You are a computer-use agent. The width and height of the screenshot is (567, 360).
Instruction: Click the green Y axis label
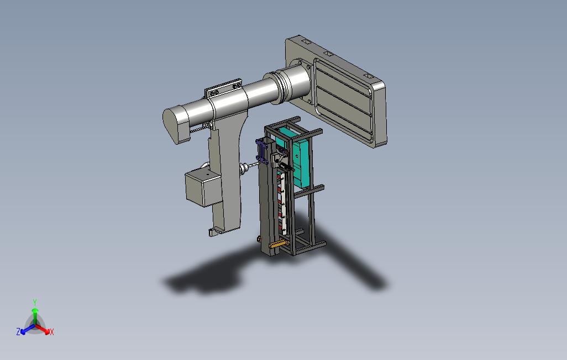point(35,302)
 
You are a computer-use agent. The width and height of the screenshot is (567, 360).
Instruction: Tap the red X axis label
point(52,332)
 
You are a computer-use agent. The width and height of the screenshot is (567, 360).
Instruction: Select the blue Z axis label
point(18,331)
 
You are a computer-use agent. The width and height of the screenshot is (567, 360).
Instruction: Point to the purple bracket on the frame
point(261,152)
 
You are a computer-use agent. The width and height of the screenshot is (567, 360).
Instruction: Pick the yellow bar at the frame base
point(278,245)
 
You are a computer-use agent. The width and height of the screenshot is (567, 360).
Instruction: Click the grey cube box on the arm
point(201,188)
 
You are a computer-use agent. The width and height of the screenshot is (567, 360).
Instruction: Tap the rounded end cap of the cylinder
point(175,125)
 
